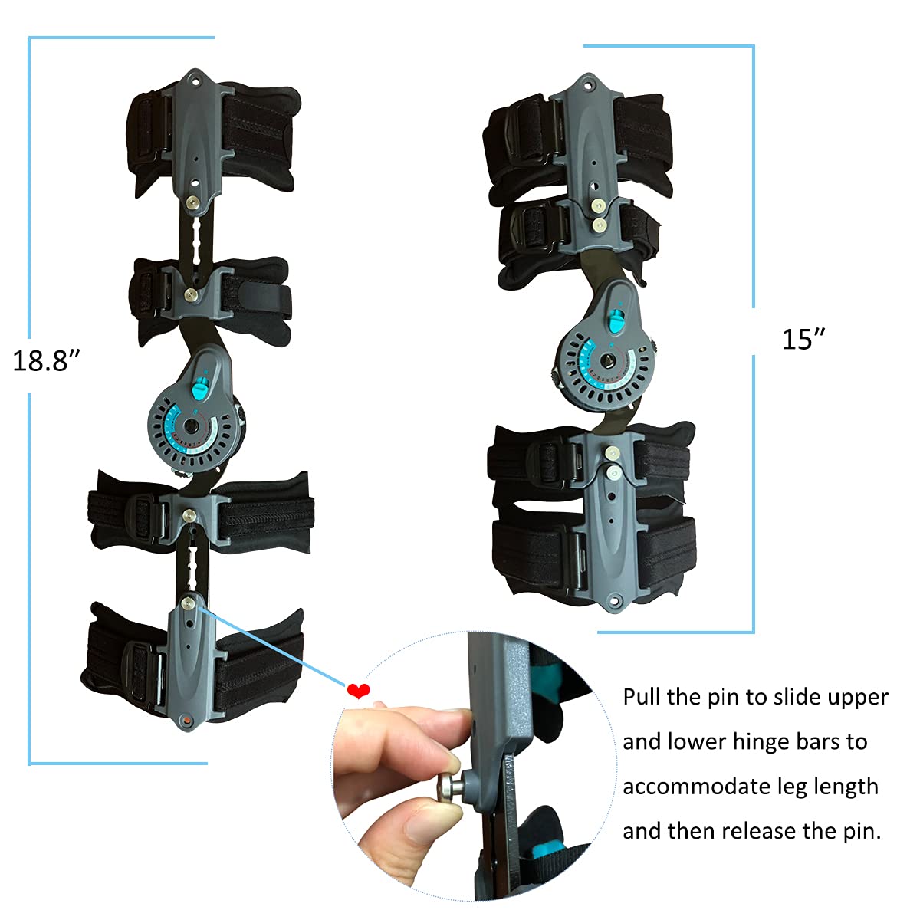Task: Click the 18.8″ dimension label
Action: click(x=47, y=360)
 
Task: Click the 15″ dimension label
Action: click(x=803, y=339)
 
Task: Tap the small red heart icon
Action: click(x=358, y=692)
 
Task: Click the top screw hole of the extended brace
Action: click(x=194, y=79)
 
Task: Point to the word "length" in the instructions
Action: click(x=846, y=787)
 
